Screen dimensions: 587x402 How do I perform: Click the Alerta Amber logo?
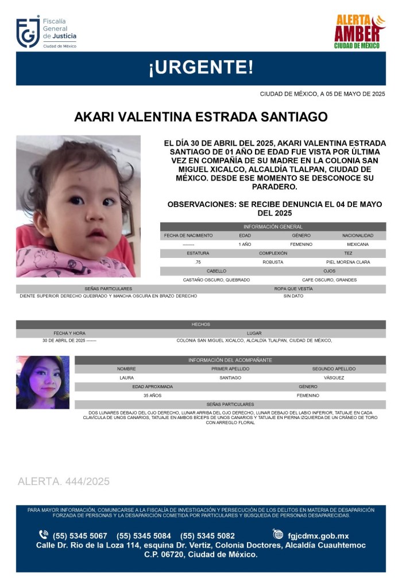tap(360, 32)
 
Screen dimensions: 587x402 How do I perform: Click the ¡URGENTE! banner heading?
tap(200, 68)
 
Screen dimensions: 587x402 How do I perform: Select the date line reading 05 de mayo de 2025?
tap(322, 94)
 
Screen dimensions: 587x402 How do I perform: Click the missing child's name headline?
tap(200, 117)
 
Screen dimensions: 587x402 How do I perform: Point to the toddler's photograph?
tap(78, 206)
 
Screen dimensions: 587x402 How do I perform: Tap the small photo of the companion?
tap(42, 382)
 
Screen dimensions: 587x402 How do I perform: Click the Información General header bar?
tap(273, 227)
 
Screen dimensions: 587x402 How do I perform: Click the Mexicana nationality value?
tap(357, 244)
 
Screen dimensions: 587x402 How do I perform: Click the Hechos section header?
tap(200, 324)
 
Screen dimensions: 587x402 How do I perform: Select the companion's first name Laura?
tap(126, 378)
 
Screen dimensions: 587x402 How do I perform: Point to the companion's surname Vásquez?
tap(334, 378)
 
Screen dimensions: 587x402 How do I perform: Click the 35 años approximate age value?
tap(152, 396)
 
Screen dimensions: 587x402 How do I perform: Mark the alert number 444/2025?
tap(64, 482)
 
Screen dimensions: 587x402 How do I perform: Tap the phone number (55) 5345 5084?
tap(144, 535)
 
